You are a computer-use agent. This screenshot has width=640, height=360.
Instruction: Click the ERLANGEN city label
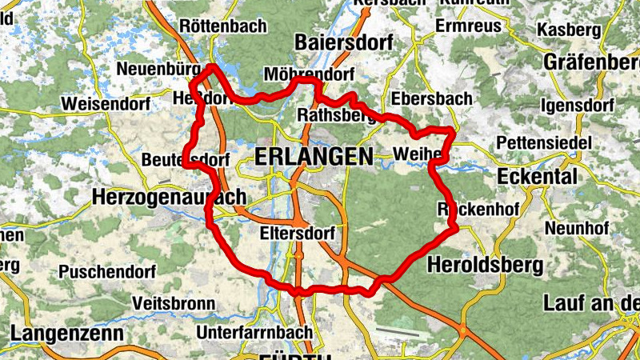(x=314, y=158)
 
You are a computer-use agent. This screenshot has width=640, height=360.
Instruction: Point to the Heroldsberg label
(x=485, y=263)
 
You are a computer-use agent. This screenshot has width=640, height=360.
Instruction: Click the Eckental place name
(x=537, y=176)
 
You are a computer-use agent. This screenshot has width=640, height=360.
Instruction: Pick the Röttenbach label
(x=223, y=26)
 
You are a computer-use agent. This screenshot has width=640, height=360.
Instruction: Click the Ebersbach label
(x=433, y=98)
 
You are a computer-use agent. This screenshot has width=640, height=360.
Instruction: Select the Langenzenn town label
(x=67, y=333)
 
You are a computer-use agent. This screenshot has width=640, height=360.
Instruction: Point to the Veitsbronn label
(x=174, y=304)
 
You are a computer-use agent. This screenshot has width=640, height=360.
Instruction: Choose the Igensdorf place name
(x=578, y=105)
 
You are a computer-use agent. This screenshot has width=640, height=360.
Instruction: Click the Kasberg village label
(x=568, y=30)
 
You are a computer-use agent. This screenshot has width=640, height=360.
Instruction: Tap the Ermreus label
(x=468, y=26)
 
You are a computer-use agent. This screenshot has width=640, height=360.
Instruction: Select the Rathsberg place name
(x=336, y=116)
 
